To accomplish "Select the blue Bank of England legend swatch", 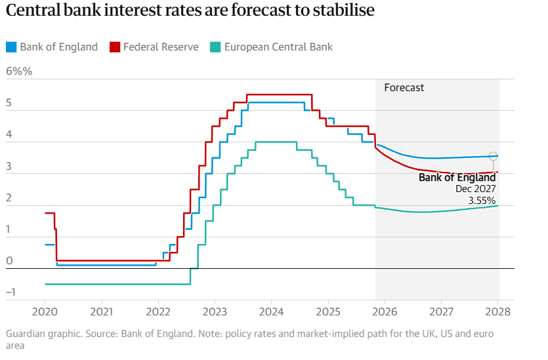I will (x=11, y=47).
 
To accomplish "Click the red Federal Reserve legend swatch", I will (x=114, y=47).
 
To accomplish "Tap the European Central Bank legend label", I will (x=278, y=47).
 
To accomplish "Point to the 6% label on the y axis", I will (x=18, y=71).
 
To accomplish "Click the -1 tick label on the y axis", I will (x=10, y=292).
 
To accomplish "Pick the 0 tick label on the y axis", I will (x=9, y=261).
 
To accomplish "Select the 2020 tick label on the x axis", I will (x=45, y=310).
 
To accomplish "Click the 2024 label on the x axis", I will (x=271, y=310).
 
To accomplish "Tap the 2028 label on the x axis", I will (x=497, y=310).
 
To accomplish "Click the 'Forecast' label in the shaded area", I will (x=404, y=87).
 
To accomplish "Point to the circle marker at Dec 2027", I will (x=494, y=156).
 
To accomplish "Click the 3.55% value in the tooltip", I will (x=482, y=200).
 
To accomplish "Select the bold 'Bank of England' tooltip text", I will (x=457, y=177).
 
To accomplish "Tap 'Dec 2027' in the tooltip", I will (x=476, y=188).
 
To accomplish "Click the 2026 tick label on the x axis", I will (x=385, y=310).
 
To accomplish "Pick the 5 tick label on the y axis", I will (x=9, y=103).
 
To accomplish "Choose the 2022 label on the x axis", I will (x=158, y=310).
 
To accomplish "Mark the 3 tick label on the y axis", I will (x=9, y=167).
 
